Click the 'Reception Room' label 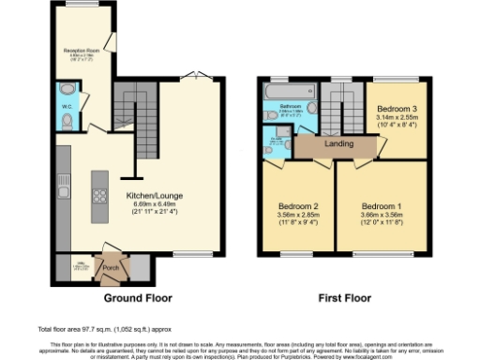click(82, 50)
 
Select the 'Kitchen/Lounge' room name click(154, 195)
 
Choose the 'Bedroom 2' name click(299, 205)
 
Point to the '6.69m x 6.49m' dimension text click(154, 204)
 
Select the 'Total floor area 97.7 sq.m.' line click(90, 329)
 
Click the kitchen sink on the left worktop click(62, 177)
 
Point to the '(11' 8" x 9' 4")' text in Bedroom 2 click(299, 223)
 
